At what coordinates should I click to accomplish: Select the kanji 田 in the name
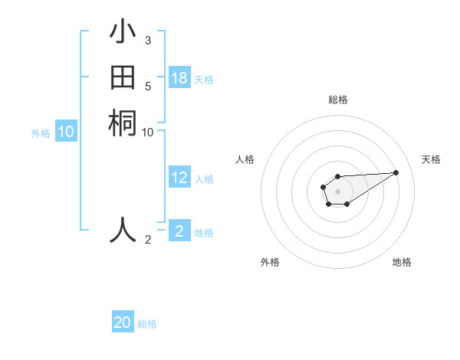point(123,78)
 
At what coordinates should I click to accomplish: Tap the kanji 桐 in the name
point(123,123)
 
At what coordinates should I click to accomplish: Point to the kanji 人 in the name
point(123,229)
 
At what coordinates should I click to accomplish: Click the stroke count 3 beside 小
point(147,40)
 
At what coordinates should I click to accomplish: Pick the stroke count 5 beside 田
point(147,86)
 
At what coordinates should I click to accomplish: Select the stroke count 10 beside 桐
point(148,132)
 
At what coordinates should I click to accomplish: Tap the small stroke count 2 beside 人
point(148,240)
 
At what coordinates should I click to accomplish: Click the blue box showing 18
point(179,78)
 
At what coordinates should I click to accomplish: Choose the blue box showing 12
point(179,178)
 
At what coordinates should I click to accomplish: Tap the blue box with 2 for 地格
point(179,231)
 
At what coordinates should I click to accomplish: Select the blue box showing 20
point(123,322)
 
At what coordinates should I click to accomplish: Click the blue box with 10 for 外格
point(66,132)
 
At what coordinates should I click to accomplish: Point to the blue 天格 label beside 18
point(204,79)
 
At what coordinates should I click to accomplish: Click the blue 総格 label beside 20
point(147,323)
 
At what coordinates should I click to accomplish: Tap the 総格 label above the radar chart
point(337,100)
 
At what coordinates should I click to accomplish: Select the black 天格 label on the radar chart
point(431,159)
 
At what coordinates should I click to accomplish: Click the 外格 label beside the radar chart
point(270,262)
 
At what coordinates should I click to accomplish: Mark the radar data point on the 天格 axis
point(396,172)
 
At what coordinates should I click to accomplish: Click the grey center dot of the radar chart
point(337,191)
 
